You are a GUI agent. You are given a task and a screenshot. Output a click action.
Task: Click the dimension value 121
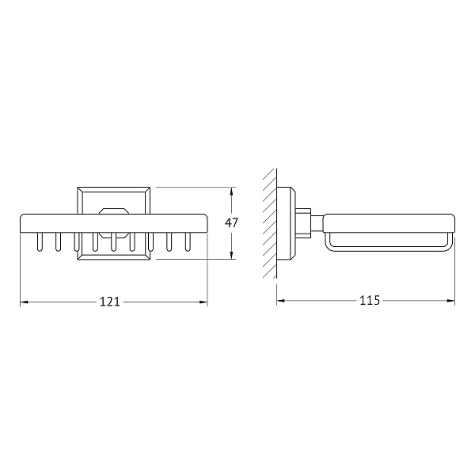coord(110,302)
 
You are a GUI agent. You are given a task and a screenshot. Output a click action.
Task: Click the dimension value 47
coord(231,223)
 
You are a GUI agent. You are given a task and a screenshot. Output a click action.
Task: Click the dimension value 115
coord(370,300)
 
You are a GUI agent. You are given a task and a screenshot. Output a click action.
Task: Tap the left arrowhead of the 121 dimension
coord(25,302)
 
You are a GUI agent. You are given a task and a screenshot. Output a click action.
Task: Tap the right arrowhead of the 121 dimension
coord(203,302)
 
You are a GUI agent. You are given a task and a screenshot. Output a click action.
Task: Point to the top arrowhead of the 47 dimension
coord(232,192)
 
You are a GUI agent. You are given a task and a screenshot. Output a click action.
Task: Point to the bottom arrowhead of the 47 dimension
coord(232,255)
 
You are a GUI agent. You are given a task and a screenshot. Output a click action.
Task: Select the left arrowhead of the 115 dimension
coord(281,301)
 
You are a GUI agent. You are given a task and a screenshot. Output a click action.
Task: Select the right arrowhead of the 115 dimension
coord(450,301)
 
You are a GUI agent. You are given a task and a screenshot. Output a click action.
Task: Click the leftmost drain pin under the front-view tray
coord(40,241)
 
